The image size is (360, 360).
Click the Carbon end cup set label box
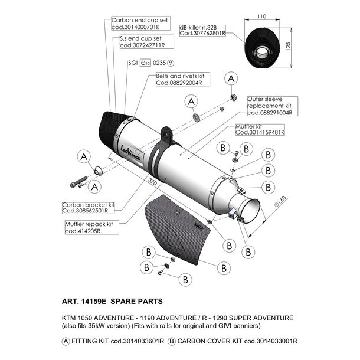140,24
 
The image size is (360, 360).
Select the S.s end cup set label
147,42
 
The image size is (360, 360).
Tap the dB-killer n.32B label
202,31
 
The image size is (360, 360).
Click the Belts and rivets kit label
183,79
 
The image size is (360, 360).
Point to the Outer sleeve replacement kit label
272,106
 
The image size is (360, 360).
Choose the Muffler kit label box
260,130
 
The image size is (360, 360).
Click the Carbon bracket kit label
88,208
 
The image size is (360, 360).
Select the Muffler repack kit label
92,228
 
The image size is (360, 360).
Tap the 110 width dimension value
261,17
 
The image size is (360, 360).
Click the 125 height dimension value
289,47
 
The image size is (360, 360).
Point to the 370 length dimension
152,182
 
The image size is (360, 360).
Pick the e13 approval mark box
146,63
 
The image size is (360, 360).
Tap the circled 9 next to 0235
171,63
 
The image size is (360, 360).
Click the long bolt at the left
78,182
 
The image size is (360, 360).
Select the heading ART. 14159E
84,301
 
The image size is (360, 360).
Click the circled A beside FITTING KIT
66,341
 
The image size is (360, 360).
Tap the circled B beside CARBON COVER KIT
172,341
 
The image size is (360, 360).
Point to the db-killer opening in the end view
261,52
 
